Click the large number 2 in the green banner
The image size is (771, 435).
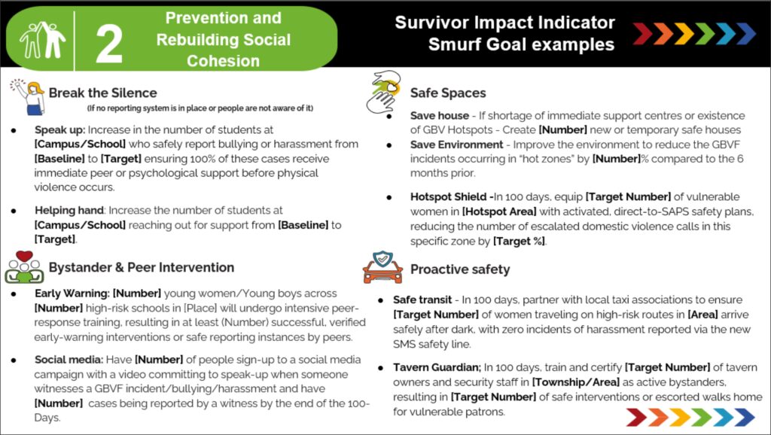point(108,44)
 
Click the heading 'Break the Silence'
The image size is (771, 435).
point(102,93)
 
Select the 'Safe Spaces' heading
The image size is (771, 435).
point(448,93)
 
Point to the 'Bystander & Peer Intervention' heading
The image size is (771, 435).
point(141,267)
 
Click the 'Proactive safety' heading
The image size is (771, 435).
point(460,269)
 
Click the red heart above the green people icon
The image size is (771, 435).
point(24,256)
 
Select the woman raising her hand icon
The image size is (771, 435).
point(29,96)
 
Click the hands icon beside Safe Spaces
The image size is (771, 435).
point(383,92)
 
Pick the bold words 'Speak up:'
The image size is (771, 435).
point(59,129)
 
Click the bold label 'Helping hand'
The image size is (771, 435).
point(69,211)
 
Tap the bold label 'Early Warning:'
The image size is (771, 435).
point(72,294)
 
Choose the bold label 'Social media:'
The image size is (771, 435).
point(69,360)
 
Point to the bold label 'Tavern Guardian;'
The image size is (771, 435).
point(437,368)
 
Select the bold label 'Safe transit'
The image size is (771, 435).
point(422,300)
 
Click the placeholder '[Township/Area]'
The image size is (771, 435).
point(576,382)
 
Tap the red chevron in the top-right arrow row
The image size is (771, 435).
point(642,33)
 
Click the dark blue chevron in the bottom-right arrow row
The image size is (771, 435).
point(745,417)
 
